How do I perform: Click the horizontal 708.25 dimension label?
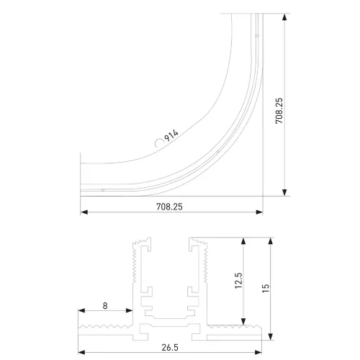pos(169,207)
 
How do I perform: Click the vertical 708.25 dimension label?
pos(279,111)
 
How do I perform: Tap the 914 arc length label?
pos(171,135)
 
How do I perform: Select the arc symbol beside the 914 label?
pos(158,143)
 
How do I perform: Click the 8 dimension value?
pos(105,306)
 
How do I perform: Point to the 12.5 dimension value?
pos(238,280)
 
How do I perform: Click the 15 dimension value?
pos(266,288)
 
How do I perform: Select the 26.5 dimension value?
pos(170,348)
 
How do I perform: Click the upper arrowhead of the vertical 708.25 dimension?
pos(284,17)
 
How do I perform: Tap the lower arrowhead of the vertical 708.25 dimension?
pos(284,192)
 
